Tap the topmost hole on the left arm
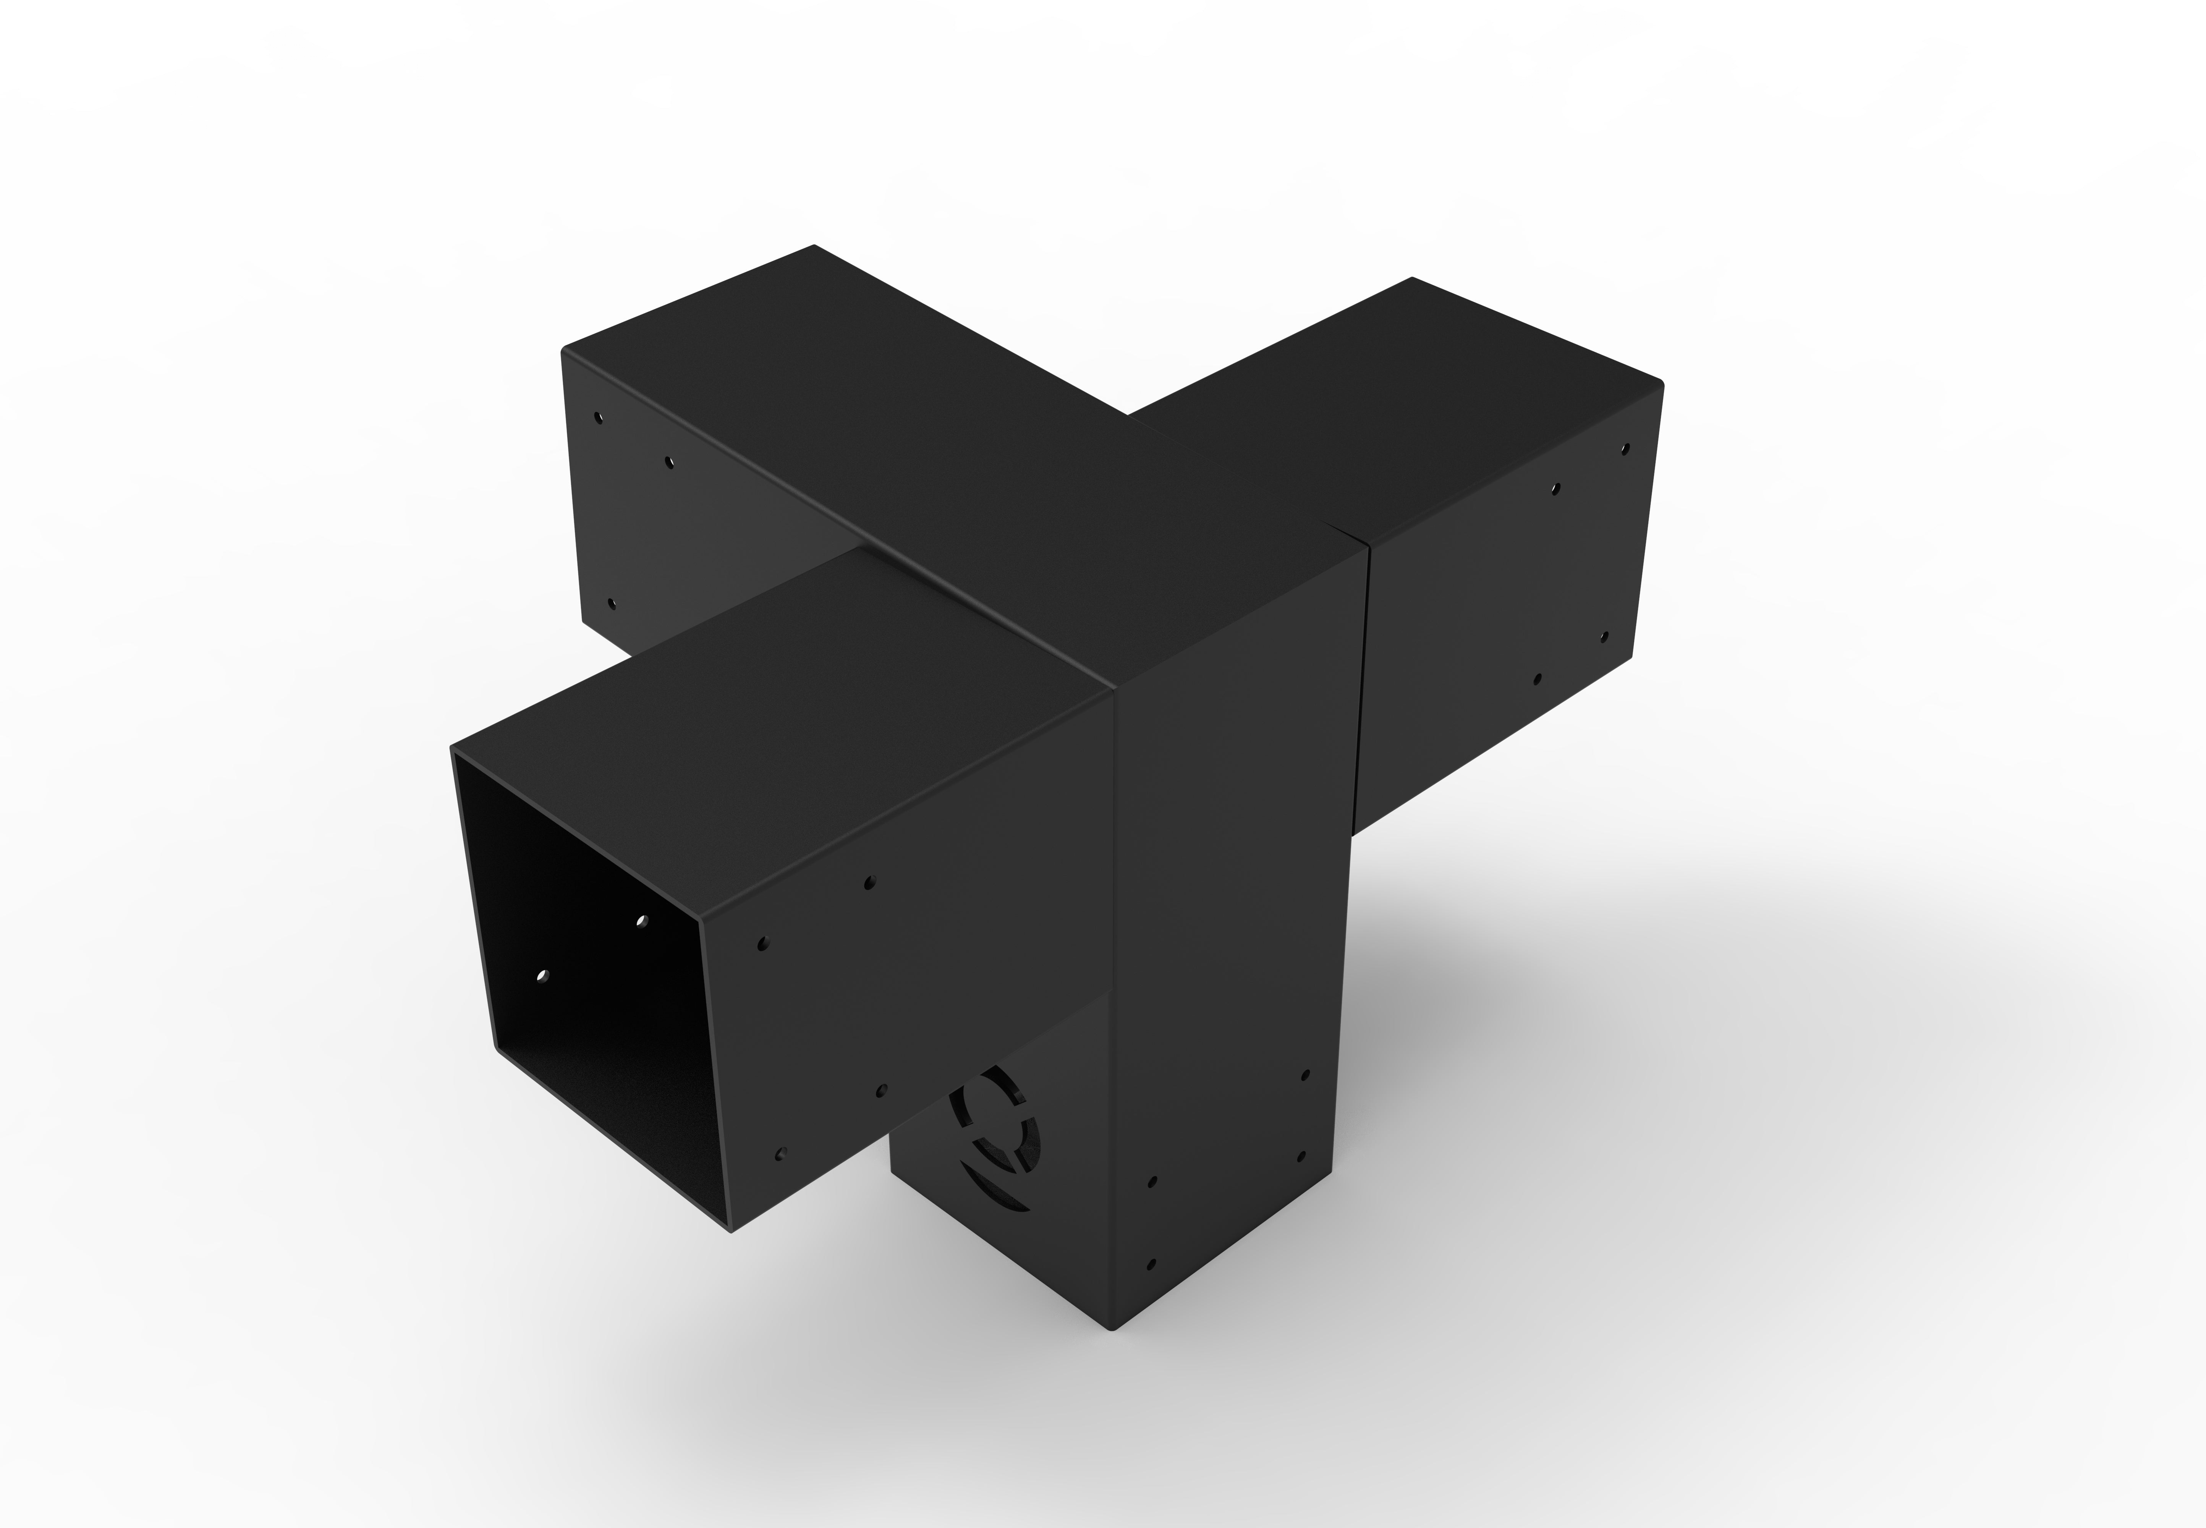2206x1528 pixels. click(x=599, y=418)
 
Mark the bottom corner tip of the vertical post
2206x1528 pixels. click(x=1114, y=1330)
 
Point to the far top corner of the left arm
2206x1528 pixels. click(x=814, y=245)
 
